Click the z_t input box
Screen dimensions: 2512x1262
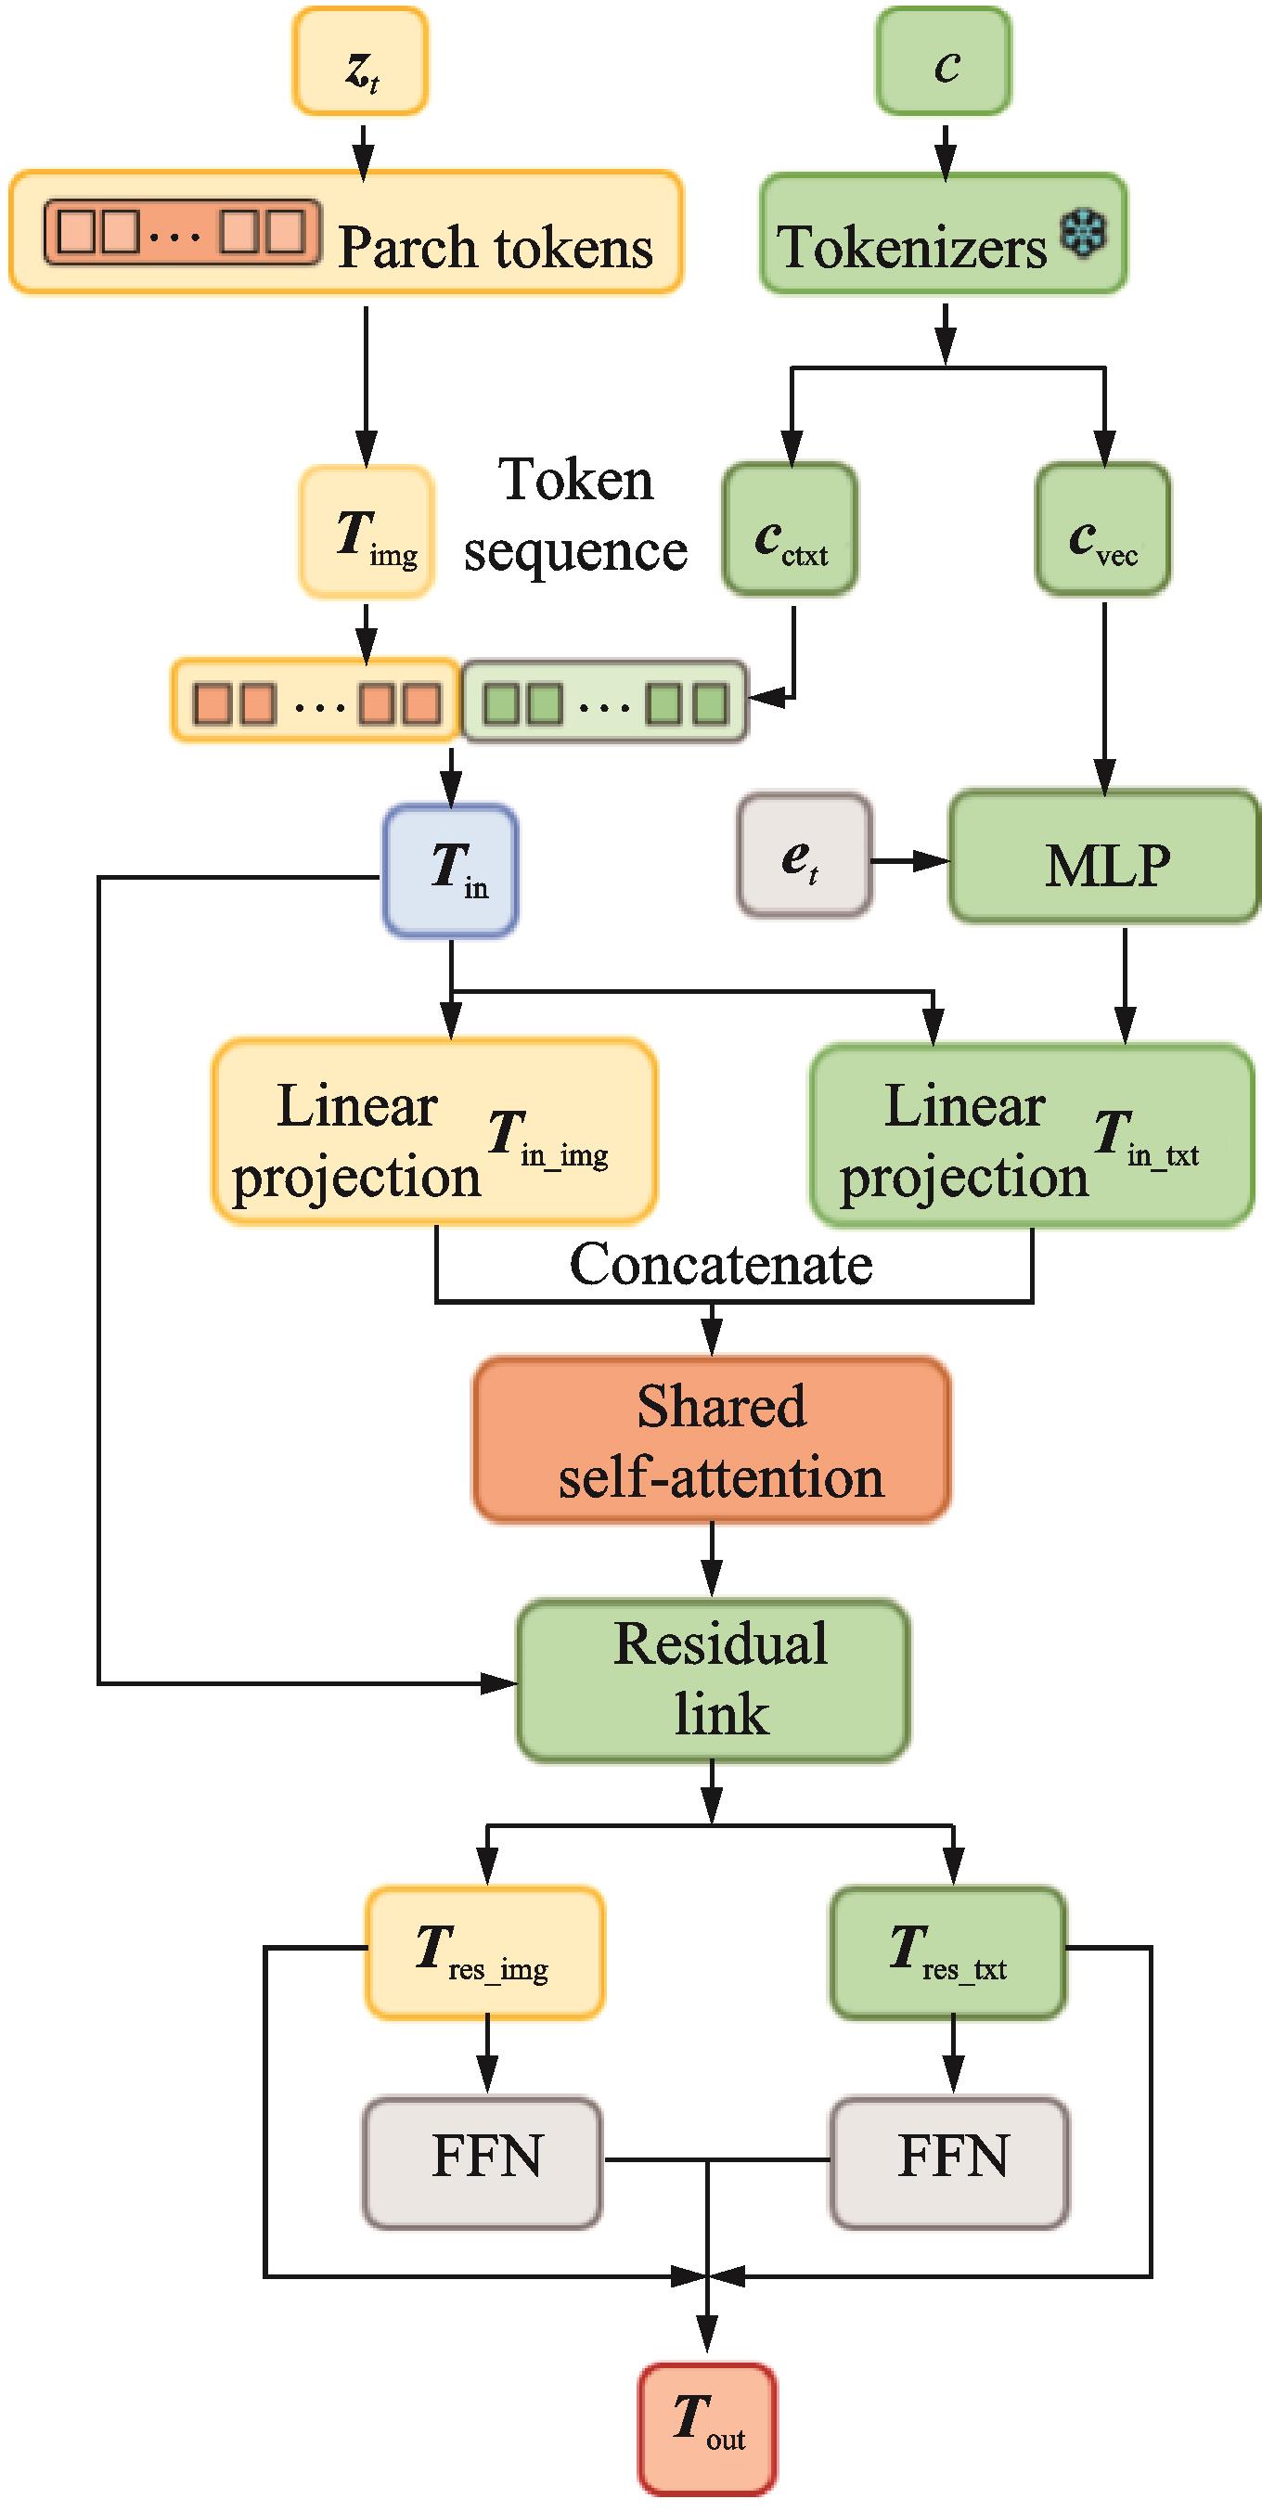pyautogui.click(x=360, y=61)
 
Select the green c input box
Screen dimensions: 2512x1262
pyautogui.click(x=943, y=61)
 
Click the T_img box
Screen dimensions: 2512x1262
pyautogui.click(x=367, y=532)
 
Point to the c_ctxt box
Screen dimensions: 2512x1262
pyautogui.click(x=790, y=530)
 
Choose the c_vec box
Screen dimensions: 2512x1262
pyautogui.click(x=1103, y=530)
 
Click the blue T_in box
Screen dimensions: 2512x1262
pyautogui.click(x=451, y=870)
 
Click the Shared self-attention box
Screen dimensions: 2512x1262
pyautogui.click(x=712, y=1439)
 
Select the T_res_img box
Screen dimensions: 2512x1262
pyautogui.click(x=484, y=1952)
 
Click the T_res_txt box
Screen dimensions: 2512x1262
pyautogui.click(x=948, y=1952)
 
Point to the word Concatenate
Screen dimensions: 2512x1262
pyautogui.click(x=721, y=1264)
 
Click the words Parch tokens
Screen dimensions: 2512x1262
pyautogui.click(x=496, y=247)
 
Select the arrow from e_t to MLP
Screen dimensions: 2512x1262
pyautogui.click(x=910, y=860)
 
